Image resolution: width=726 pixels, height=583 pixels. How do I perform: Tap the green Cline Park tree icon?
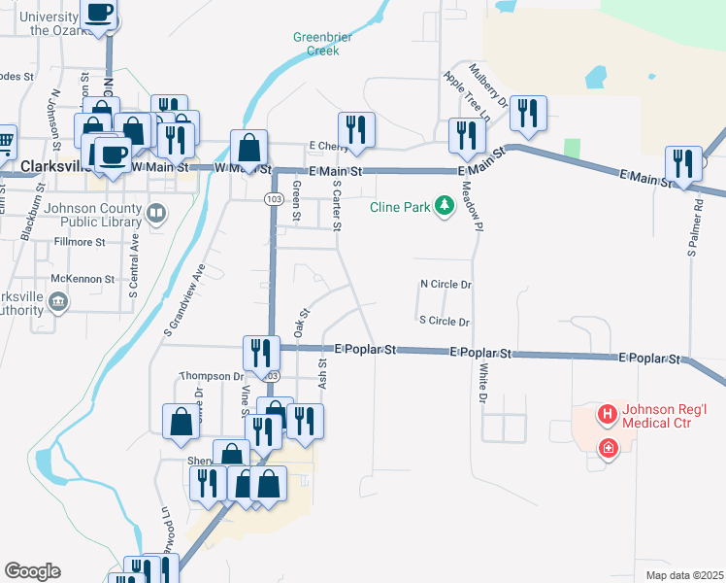pos(445,206)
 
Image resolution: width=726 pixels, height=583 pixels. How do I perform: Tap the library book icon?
pos(155,211)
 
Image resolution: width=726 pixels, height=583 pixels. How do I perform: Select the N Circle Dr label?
pos(445,285)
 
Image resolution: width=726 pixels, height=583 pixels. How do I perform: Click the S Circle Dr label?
pos(444,321)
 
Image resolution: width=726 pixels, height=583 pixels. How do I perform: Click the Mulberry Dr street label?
pos(488,85)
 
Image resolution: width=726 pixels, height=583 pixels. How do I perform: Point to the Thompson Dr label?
pos(213,376)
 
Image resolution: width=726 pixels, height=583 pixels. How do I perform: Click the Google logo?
pos(32,571)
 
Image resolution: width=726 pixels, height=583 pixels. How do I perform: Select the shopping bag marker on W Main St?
pos(249,149)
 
